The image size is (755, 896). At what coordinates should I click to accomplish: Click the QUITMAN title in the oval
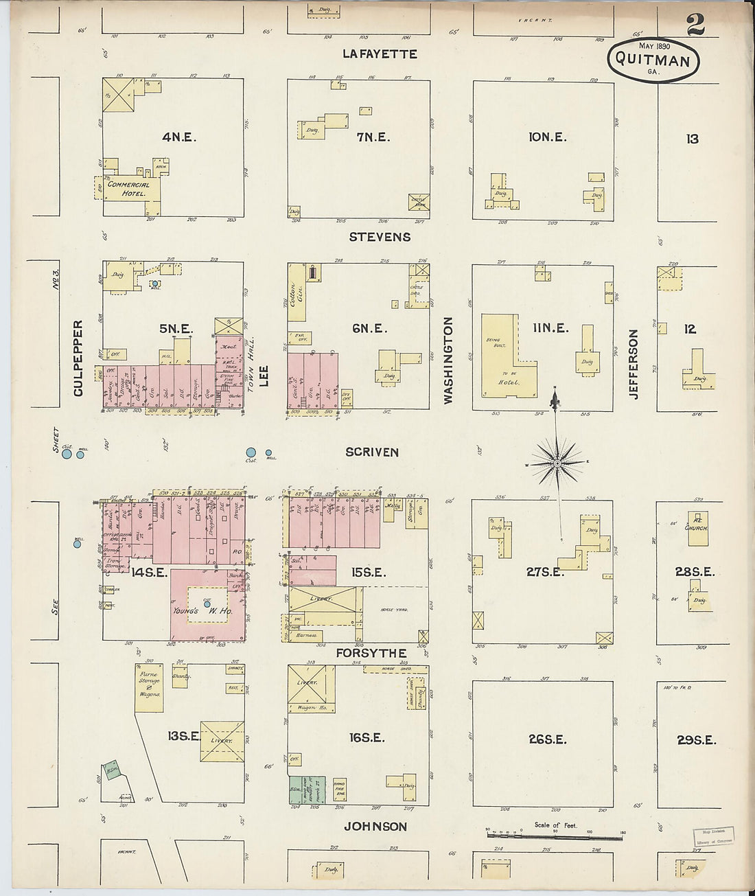(652, 60)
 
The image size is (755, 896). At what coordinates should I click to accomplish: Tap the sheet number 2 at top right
(695, 25)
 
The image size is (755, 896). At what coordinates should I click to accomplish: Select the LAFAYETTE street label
(380, 54)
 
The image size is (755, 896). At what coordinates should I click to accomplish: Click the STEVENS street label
(380, 237)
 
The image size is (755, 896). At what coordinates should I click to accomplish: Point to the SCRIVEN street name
(372, 452)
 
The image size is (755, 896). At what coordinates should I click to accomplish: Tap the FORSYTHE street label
(371, 653)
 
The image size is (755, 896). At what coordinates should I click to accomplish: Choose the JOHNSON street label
(375, 827)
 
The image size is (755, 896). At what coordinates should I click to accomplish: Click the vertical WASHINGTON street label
(449, 360)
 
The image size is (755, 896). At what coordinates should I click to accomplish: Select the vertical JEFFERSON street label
(633, 364)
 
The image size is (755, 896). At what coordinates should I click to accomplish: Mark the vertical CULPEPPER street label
(78, 358)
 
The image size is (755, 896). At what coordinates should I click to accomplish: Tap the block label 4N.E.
(179, 137)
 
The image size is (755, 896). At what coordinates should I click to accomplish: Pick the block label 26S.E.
(547, 739)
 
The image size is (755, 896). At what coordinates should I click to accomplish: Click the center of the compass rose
(557, 463)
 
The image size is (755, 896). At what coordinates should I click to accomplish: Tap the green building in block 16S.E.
(297, 790)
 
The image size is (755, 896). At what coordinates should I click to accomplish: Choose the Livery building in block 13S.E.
(222, 741)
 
